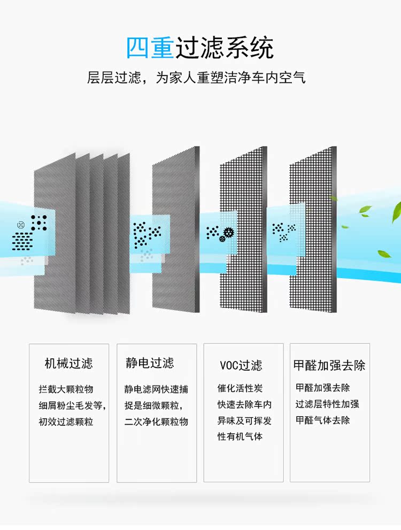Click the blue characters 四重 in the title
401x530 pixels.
click(x=150, y=48)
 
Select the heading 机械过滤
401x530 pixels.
click(x=68, y=364)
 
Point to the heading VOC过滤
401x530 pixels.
click(x=241, y=365)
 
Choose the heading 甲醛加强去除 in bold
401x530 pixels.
click(x=329, y=365)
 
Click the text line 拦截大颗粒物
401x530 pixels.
click(x=66, y=389)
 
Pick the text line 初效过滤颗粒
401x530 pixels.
click(x=66, y=421)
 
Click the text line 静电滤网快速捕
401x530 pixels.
click(x=156, y=389)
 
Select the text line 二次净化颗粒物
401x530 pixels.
click(x=156, y=421)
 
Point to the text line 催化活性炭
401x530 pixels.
click(x=240, y=388)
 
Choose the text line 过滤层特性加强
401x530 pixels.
click(x=327, y=404)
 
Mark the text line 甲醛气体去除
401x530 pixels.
click(x=323, y=420)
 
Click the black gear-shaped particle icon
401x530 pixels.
click(x=229, y=232)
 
